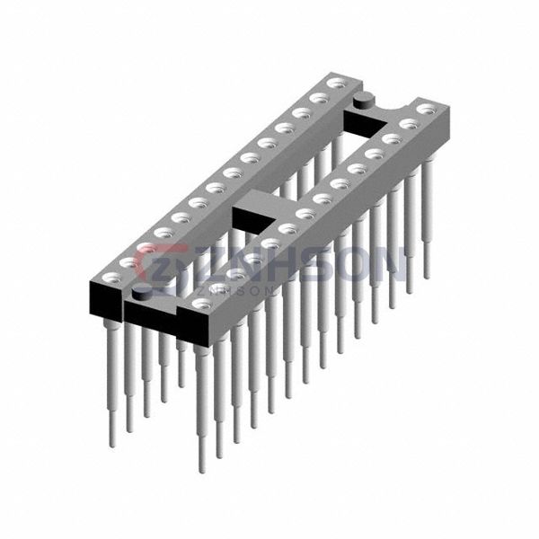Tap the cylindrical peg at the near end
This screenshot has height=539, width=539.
[x=141, y=295]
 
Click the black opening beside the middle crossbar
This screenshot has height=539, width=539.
[x=254, y=219]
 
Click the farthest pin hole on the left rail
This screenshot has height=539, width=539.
[x=336, y=83]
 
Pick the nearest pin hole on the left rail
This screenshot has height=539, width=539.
[x=112, y=277]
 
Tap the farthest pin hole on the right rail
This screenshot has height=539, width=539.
[x=426, y=110]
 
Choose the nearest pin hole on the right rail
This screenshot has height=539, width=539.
[x=202, y=304]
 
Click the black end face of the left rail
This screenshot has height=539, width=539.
[x=106, y=299]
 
